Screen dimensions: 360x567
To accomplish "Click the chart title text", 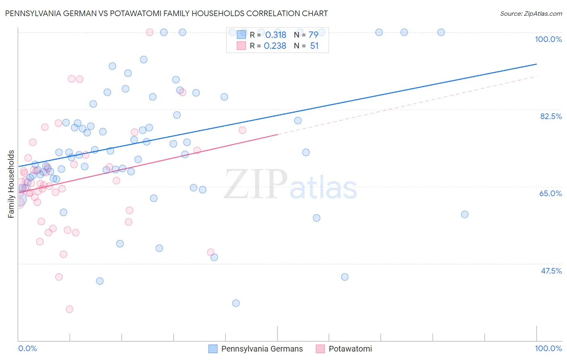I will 166,13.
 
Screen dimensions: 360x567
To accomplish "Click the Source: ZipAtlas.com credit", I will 531,14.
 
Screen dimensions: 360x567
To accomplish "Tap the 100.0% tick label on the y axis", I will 548,39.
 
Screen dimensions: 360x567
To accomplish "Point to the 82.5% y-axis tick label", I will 551,116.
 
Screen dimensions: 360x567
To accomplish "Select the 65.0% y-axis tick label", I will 550,193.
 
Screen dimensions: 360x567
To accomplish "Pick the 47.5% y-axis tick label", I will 551,271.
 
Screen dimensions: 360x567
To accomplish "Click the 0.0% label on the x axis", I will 27,348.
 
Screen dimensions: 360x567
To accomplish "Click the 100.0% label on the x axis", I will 548,348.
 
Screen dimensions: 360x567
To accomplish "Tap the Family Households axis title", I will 11,184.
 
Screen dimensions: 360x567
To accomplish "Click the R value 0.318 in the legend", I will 275,35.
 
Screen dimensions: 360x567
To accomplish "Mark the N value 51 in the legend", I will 314,46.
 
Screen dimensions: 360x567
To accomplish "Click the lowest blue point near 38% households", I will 236,303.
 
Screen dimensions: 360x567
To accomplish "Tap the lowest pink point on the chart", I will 69,309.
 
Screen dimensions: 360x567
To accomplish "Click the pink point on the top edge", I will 150,32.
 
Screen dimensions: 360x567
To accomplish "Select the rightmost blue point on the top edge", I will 441,32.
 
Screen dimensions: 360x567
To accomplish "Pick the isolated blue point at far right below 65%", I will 465,214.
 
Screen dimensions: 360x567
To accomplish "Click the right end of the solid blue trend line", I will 536,64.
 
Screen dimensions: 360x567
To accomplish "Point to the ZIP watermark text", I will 256,184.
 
